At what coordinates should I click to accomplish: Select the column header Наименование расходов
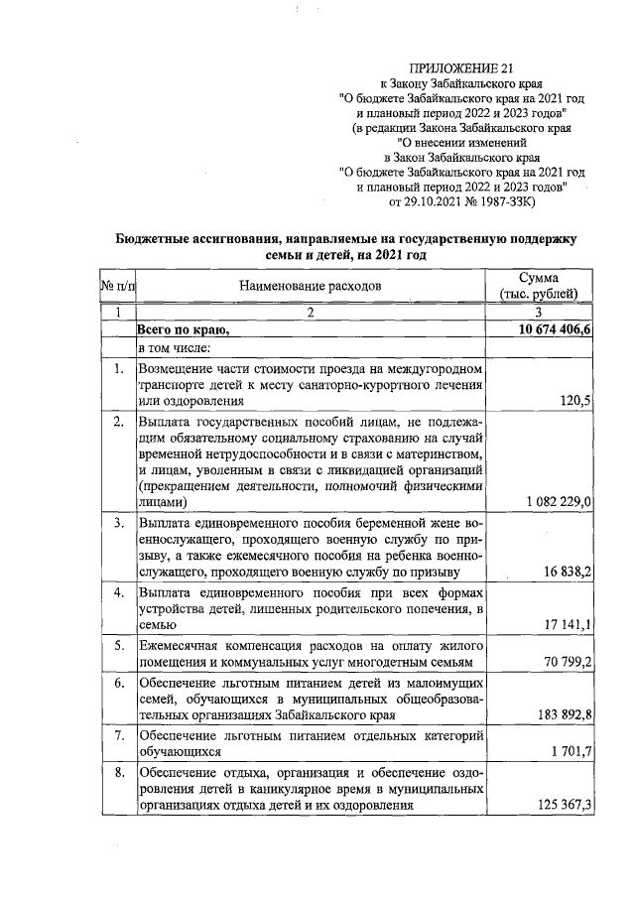pyautogui.click(x=310, y=287)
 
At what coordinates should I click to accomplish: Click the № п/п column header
pyautogui.click(x=118, y=287)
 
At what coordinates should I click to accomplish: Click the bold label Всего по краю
pyautogui.click(x=184, y=329)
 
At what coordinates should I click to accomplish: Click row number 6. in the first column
pyautogui.click(x=118, y=685)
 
